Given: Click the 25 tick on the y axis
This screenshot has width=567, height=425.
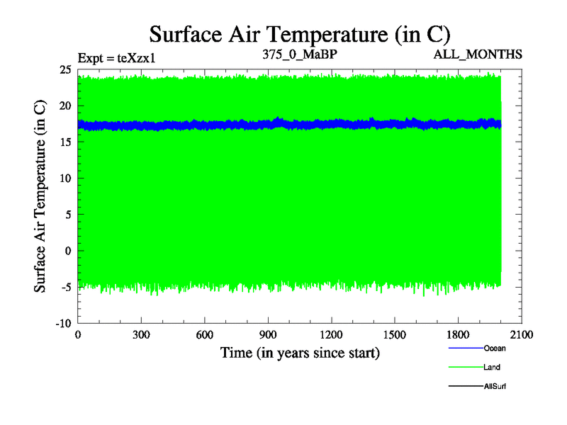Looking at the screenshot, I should point(64,69).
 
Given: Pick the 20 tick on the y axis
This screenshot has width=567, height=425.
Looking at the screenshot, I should point(64,106).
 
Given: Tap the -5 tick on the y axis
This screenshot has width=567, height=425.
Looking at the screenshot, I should point(66,287).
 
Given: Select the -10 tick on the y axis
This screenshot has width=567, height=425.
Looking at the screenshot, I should point(63,323).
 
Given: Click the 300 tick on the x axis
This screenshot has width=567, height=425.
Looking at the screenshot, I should point(141,335).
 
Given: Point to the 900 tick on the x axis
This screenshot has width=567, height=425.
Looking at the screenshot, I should point(268,335).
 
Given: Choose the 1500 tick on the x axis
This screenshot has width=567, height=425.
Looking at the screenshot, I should point(395,335).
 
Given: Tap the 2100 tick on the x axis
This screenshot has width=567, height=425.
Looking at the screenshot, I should point(522,335).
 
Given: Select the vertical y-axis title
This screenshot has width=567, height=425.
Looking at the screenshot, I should point(41,196).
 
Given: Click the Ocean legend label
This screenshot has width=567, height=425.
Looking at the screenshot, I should point(495,348).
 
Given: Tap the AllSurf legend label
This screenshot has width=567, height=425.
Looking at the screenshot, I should point(495,386).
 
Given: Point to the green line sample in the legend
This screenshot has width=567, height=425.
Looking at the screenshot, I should point(465,367).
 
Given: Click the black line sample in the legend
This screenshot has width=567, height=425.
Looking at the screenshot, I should point(465,386).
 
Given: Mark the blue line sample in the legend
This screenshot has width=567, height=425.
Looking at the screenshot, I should point(465,348).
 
